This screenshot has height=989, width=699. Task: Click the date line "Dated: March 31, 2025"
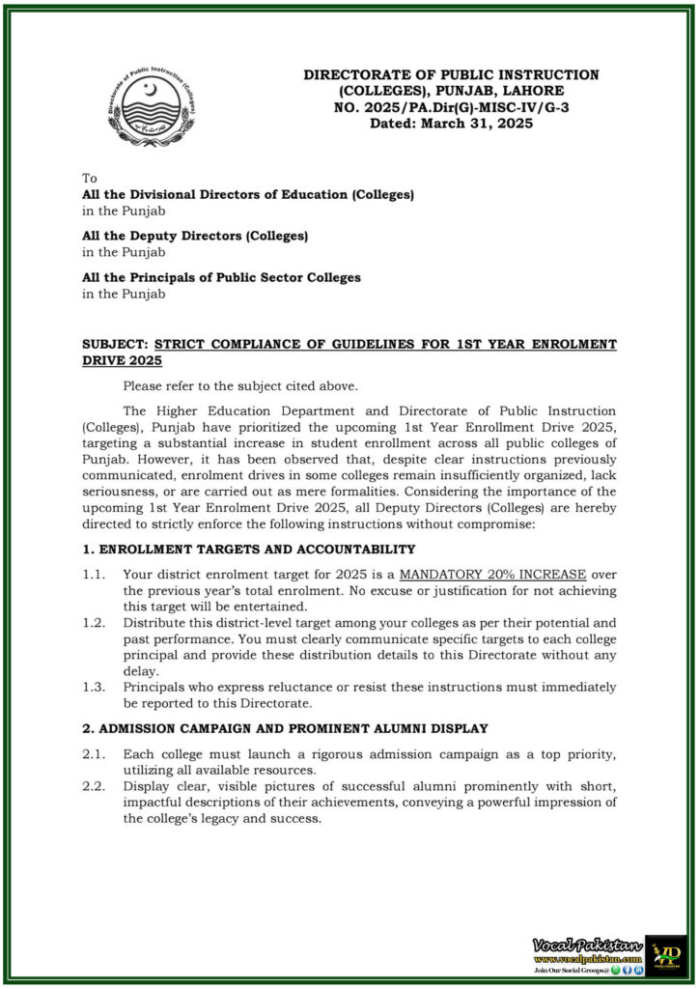[451, 123]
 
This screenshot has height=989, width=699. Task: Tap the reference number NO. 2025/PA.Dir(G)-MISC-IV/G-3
[451, 106]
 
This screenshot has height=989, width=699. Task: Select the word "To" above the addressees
[90, 179]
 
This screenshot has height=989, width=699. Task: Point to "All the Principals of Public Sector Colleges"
[221, 277]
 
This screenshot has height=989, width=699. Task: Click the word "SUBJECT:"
[115, 344]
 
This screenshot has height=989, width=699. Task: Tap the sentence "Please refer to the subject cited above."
[247, 386]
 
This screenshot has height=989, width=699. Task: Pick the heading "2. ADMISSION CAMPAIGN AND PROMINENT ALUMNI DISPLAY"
[285, 727]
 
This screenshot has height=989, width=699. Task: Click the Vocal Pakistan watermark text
[585, 943]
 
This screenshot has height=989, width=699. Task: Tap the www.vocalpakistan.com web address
[587, 958]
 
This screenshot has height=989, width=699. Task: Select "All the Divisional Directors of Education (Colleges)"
[248, 194]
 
